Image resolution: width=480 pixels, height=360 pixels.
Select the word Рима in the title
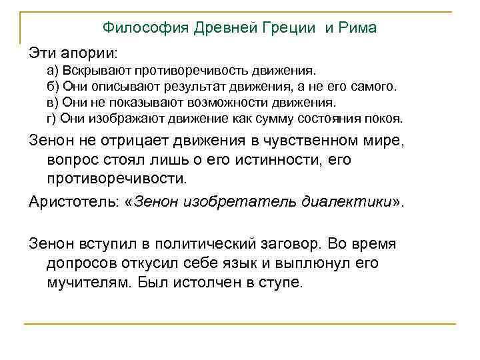coord(357,28)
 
